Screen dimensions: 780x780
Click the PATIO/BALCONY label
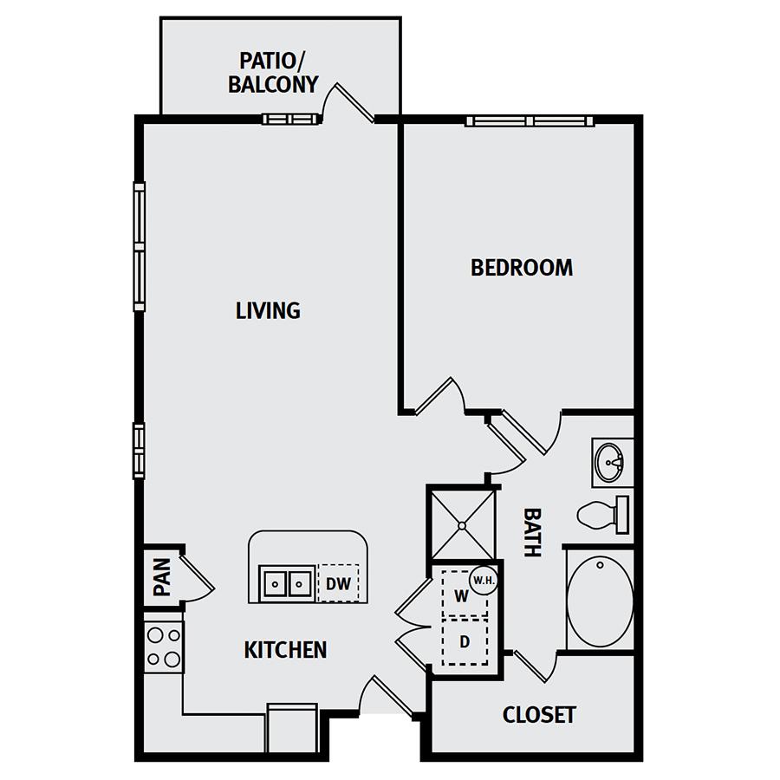click(x=273, y=73)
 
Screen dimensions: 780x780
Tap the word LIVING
click(x=268, y=310)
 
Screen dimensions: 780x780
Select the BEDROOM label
click(x=522, y=268)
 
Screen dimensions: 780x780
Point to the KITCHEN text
click(x=285, y=650)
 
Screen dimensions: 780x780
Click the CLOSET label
click(x=539, y=715)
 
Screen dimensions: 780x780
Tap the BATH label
click(x=532, y=532)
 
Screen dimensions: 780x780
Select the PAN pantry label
click(x=162, y=577)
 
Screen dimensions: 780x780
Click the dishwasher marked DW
click(x=338, y=583)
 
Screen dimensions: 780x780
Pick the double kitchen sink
click(x=287, y=583)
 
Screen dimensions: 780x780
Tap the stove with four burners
click(x=164, y=647)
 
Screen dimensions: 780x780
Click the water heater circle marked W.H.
click(x=484, y=580)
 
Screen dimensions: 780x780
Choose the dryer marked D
click(x=465, y=641)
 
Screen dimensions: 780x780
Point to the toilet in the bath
click(x=603, y=515)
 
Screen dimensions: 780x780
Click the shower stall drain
click(x=462, y=525)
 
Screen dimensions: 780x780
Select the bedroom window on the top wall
click(x=530, y=120)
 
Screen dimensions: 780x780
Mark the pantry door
click(x=198, y=579)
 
